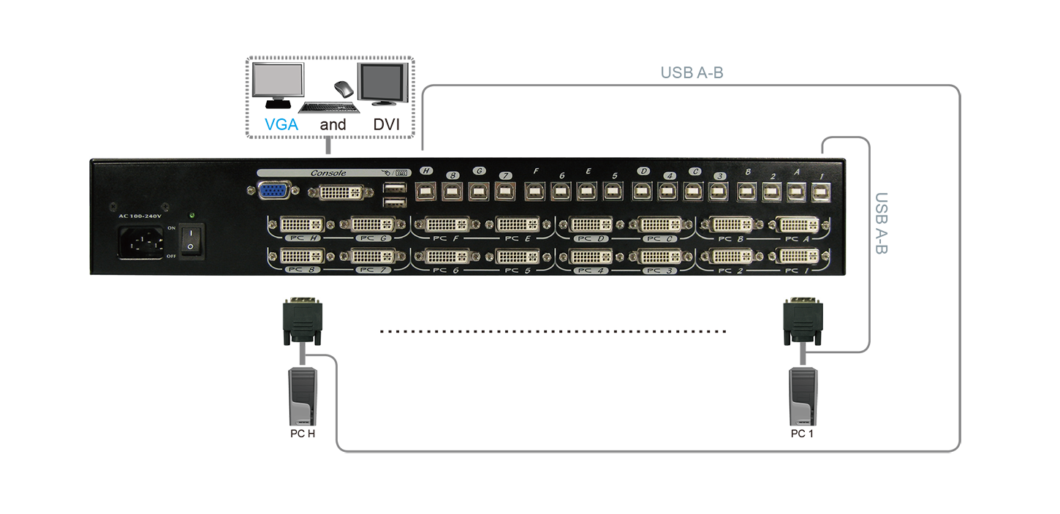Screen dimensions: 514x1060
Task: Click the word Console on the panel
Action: click(x=328, y=173)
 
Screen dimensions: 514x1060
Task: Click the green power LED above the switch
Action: click(x=191, y=216)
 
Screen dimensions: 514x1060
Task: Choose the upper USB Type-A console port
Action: click(x=394, y=189)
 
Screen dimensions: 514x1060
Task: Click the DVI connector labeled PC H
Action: click(x=301, y=224)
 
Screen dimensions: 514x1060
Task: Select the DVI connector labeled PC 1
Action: click(x=798, y=257)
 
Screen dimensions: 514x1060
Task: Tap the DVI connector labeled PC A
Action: click(x=798, y=224)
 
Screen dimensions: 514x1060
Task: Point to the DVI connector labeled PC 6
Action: click(x=446, y=257)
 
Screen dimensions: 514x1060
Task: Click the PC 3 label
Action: click(x=662, y=271)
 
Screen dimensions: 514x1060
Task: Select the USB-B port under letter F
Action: click(x=534, y=192)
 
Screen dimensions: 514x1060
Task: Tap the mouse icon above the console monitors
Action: click(x=344, y=88)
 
